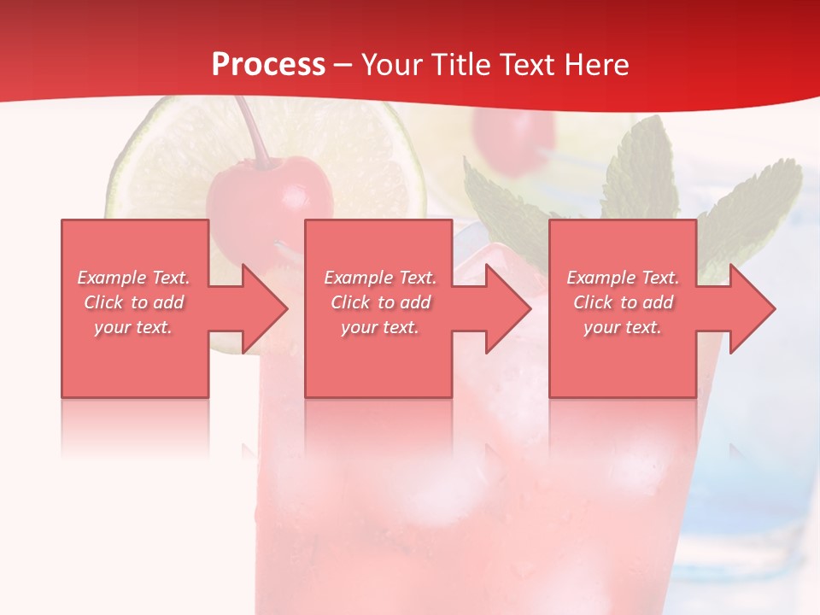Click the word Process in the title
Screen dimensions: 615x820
[268, 65]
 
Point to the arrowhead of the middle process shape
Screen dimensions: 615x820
[507, 308]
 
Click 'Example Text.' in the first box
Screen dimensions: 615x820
[134, 278]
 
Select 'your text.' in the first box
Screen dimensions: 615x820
[134, 327]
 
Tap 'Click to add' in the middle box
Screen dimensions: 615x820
[381, 302]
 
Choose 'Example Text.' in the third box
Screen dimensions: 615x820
[623, 278]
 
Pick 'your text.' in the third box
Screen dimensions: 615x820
[623, 327]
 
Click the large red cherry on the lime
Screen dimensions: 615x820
[270, 192]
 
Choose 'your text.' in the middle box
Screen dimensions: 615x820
[380, 327]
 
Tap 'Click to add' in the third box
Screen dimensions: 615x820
[624, 302]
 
